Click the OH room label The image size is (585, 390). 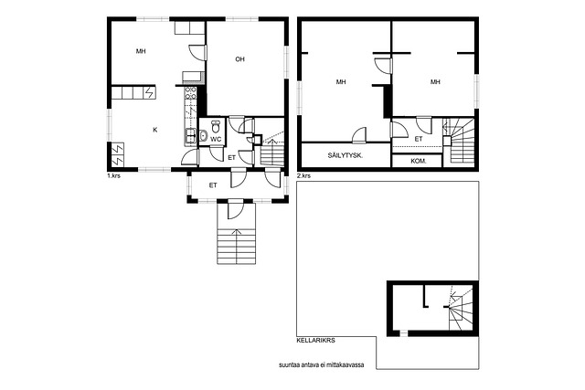pos(239,58)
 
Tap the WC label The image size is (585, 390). pos(216,140)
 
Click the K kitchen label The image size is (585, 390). pos(155,130)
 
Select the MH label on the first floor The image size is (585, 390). pos(141,51)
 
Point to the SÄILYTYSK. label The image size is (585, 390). pos(346,156)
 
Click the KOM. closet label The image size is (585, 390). pos(419,162)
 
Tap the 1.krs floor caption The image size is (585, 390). pos(113,175)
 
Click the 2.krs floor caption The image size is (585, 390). pos(303,175)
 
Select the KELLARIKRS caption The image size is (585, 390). pos(315,341)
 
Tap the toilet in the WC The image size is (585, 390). pos(216,126)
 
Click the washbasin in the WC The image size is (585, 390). pos(203,135)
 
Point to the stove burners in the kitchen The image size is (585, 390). pos(190,93)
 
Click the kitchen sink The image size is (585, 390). pos(190,136)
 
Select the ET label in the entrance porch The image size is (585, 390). pos(213,185)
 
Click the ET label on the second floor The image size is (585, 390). pos(419,139)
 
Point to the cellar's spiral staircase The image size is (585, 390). pos(461,308)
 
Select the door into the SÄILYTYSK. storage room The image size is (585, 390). pos(359,135)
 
